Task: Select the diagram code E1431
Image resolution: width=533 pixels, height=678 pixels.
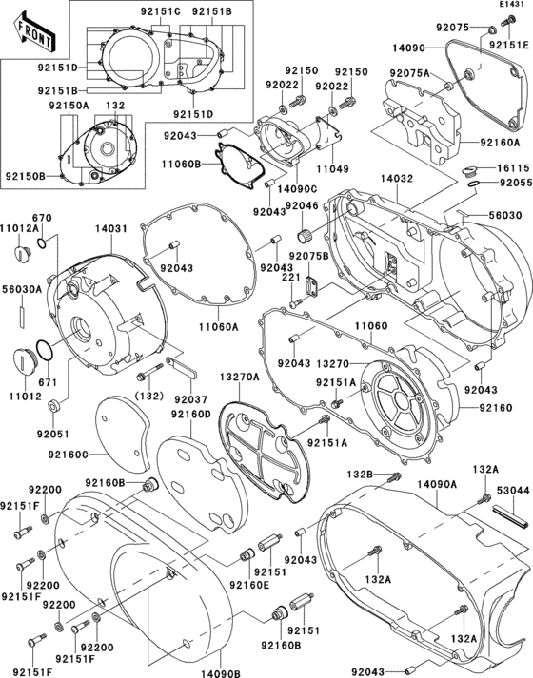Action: tap(511, 6)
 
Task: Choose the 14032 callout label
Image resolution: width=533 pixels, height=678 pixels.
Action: tap(397, 178)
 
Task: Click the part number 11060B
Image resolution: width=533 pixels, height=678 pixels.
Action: tap(182, 164)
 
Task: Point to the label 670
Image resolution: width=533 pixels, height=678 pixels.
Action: tap(42, 219)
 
